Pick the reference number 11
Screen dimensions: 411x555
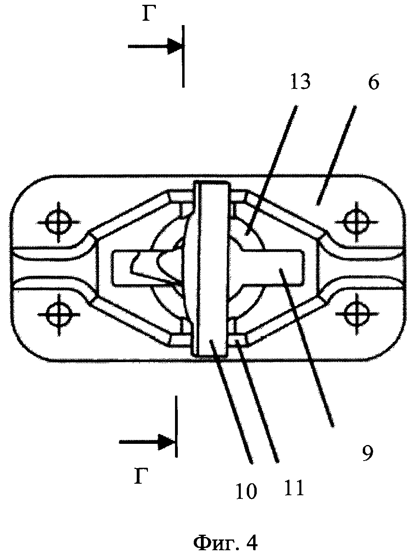tap(295, 487)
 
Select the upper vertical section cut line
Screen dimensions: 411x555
tap(183, 56)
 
